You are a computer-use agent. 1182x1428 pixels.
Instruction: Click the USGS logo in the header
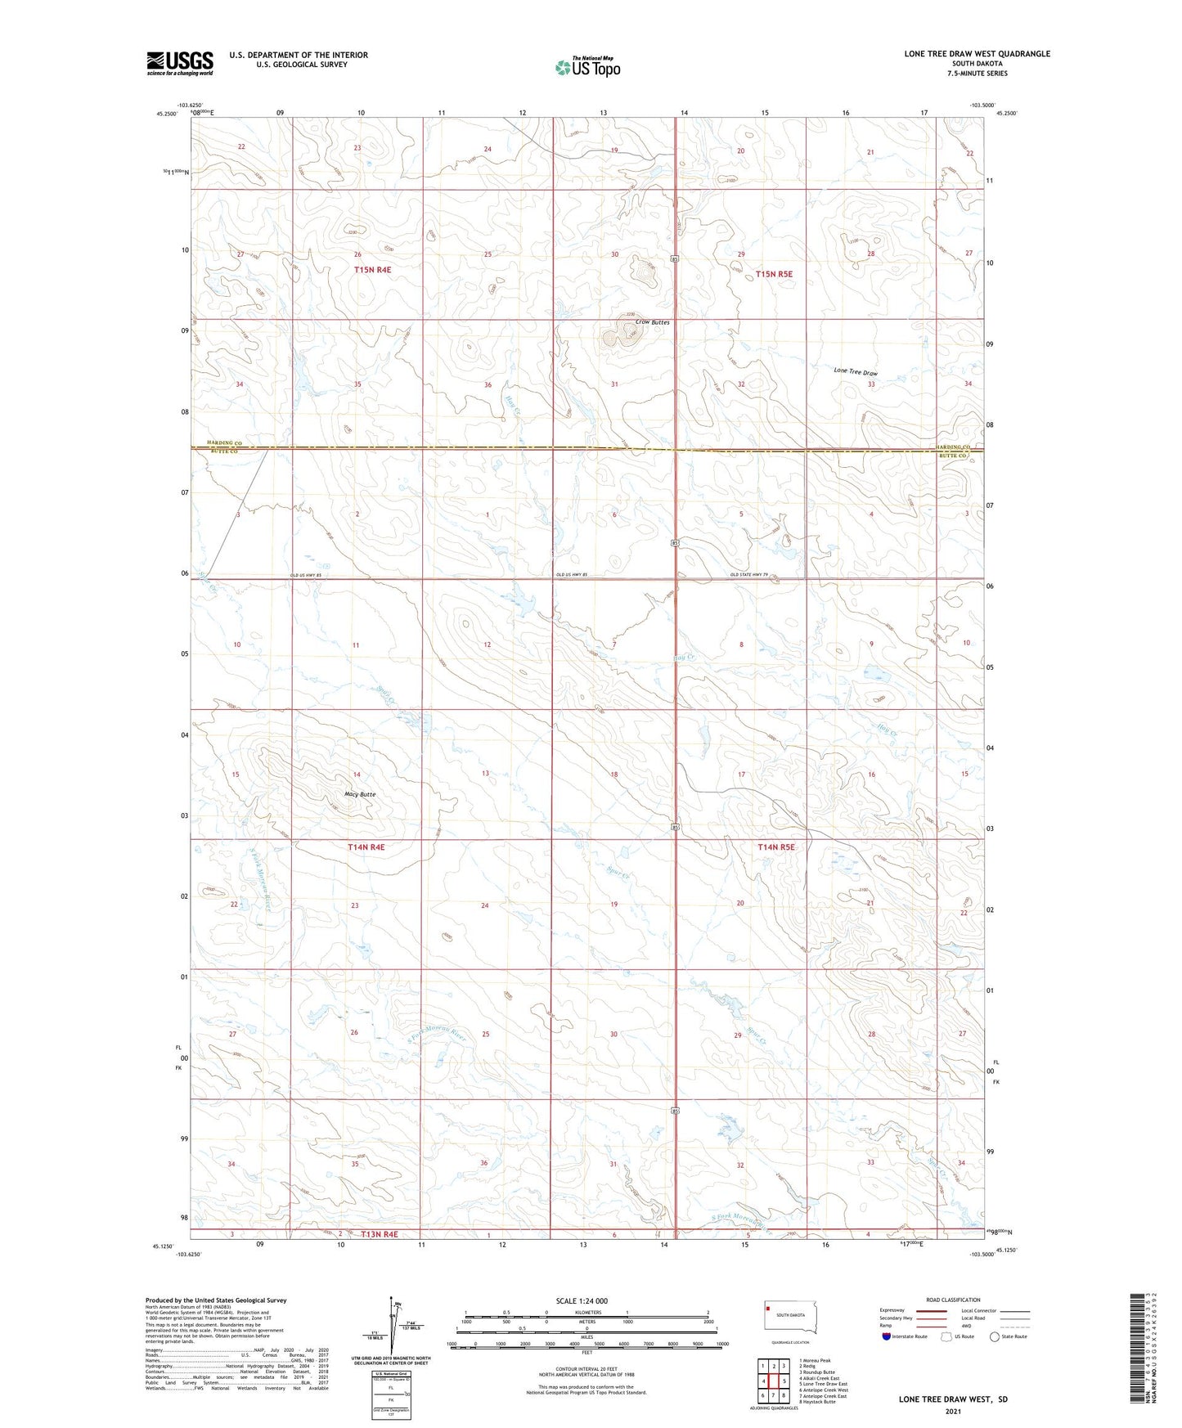coord(180,63)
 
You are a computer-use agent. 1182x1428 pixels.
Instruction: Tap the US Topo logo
coord(587,67)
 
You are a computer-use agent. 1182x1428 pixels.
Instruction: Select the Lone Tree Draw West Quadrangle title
coord(977,54)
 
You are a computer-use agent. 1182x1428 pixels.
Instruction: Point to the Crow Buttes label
coord(652,322)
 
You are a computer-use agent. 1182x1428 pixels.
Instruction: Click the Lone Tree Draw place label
coord(855,371)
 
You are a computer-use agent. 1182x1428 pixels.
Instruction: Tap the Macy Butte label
coord(359,794)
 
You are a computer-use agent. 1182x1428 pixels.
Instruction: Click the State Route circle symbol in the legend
coord(995,1336)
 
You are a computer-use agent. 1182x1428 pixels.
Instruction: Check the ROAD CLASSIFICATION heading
coord(953,1300)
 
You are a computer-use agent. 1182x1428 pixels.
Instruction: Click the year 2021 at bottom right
coord(952,1412)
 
